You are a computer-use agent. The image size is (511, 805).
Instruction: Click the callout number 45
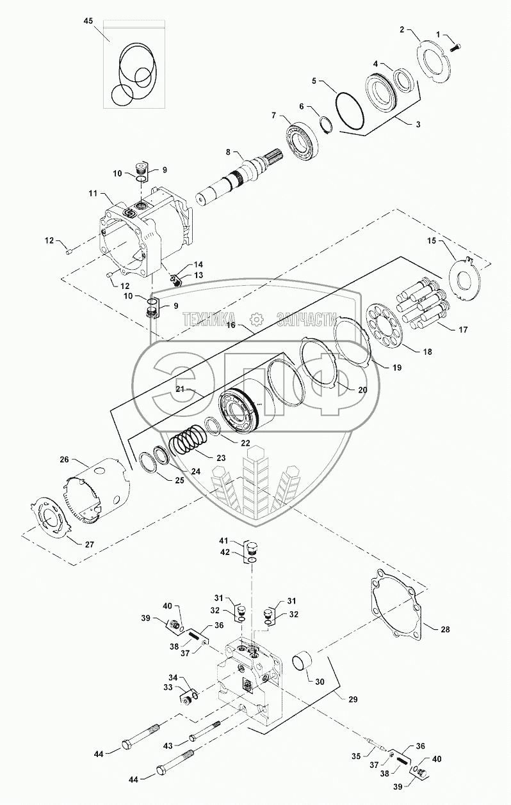[x=88, y=20]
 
